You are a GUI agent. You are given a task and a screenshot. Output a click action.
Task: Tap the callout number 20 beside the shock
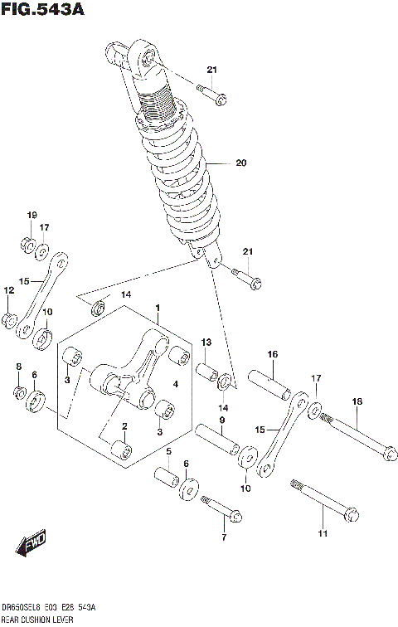point(241,163)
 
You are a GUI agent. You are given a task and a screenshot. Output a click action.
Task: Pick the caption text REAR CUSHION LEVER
point(38,620)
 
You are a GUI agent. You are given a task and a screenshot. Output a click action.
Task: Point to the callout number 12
point(8,291)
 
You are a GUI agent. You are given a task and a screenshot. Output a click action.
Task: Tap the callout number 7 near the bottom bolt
point(223,538)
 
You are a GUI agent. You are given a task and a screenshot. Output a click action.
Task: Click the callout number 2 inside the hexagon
point(124,426)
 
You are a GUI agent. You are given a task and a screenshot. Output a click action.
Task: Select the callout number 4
point(175,384)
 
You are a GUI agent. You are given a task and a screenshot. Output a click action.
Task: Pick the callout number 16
point(272,354)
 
